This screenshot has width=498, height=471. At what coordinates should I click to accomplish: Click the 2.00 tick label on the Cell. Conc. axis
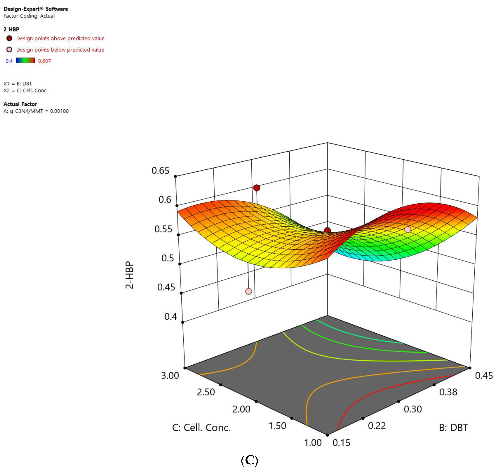pyautogui.click(x=241, y=409)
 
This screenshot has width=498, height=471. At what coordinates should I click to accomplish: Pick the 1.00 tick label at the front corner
pyautogui.click(x=313, y=443)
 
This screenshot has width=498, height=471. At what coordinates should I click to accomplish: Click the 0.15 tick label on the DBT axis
pyautogui.click(x=341, y=443)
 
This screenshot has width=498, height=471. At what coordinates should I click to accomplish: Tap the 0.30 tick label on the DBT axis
pyautogui.click(x=413, y=409)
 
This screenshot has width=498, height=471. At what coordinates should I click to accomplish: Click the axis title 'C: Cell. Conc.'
pyautogui.click(x=201, y=428)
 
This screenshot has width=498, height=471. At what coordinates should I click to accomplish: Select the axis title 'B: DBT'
pyautogui.click(x=453, y=428)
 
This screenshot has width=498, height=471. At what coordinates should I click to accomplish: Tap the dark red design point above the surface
pyautogui.click(x=256, y=188)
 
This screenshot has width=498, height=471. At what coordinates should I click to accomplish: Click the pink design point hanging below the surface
pyautogui.click(x=248, y=291)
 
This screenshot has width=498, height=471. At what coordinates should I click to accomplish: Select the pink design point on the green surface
pyautogui.click(x=408, y=229)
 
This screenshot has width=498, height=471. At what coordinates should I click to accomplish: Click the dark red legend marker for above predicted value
pyautogui.click(x=9, y=38)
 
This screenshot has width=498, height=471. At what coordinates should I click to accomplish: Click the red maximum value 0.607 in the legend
pyautogui.click(x=44, y=61)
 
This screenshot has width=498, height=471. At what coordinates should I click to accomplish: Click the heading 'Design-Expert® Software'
pyautogui.click(x=36, y=9)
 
